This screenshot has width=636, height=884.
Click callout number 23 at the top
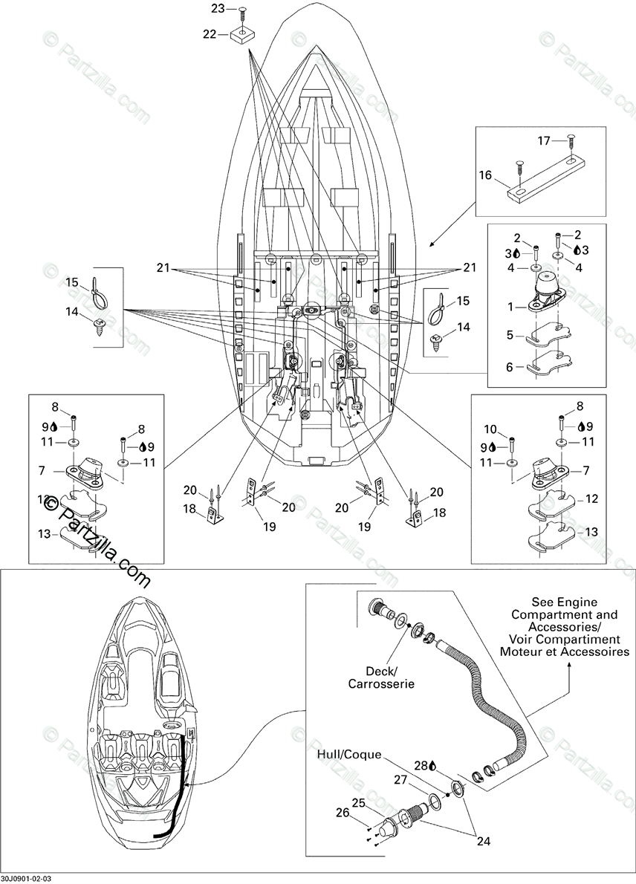click(217, 9)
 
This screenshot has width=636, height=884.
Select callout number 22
click(210, 35)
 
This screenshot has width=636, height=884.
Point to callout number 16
click(486, 176)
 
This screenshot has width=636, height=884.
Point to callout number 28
click(419, 765)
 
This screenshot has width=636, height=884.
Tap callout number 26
click(343, 813)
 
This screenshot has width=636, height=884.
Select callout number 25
click(358, 803)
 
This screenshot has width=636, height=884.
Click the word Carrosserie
click(381, 683)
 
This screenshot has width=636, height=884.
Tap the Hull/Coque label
click(349, 755)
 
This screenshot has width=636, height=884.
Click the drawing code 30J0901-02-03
click(31, 877)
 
